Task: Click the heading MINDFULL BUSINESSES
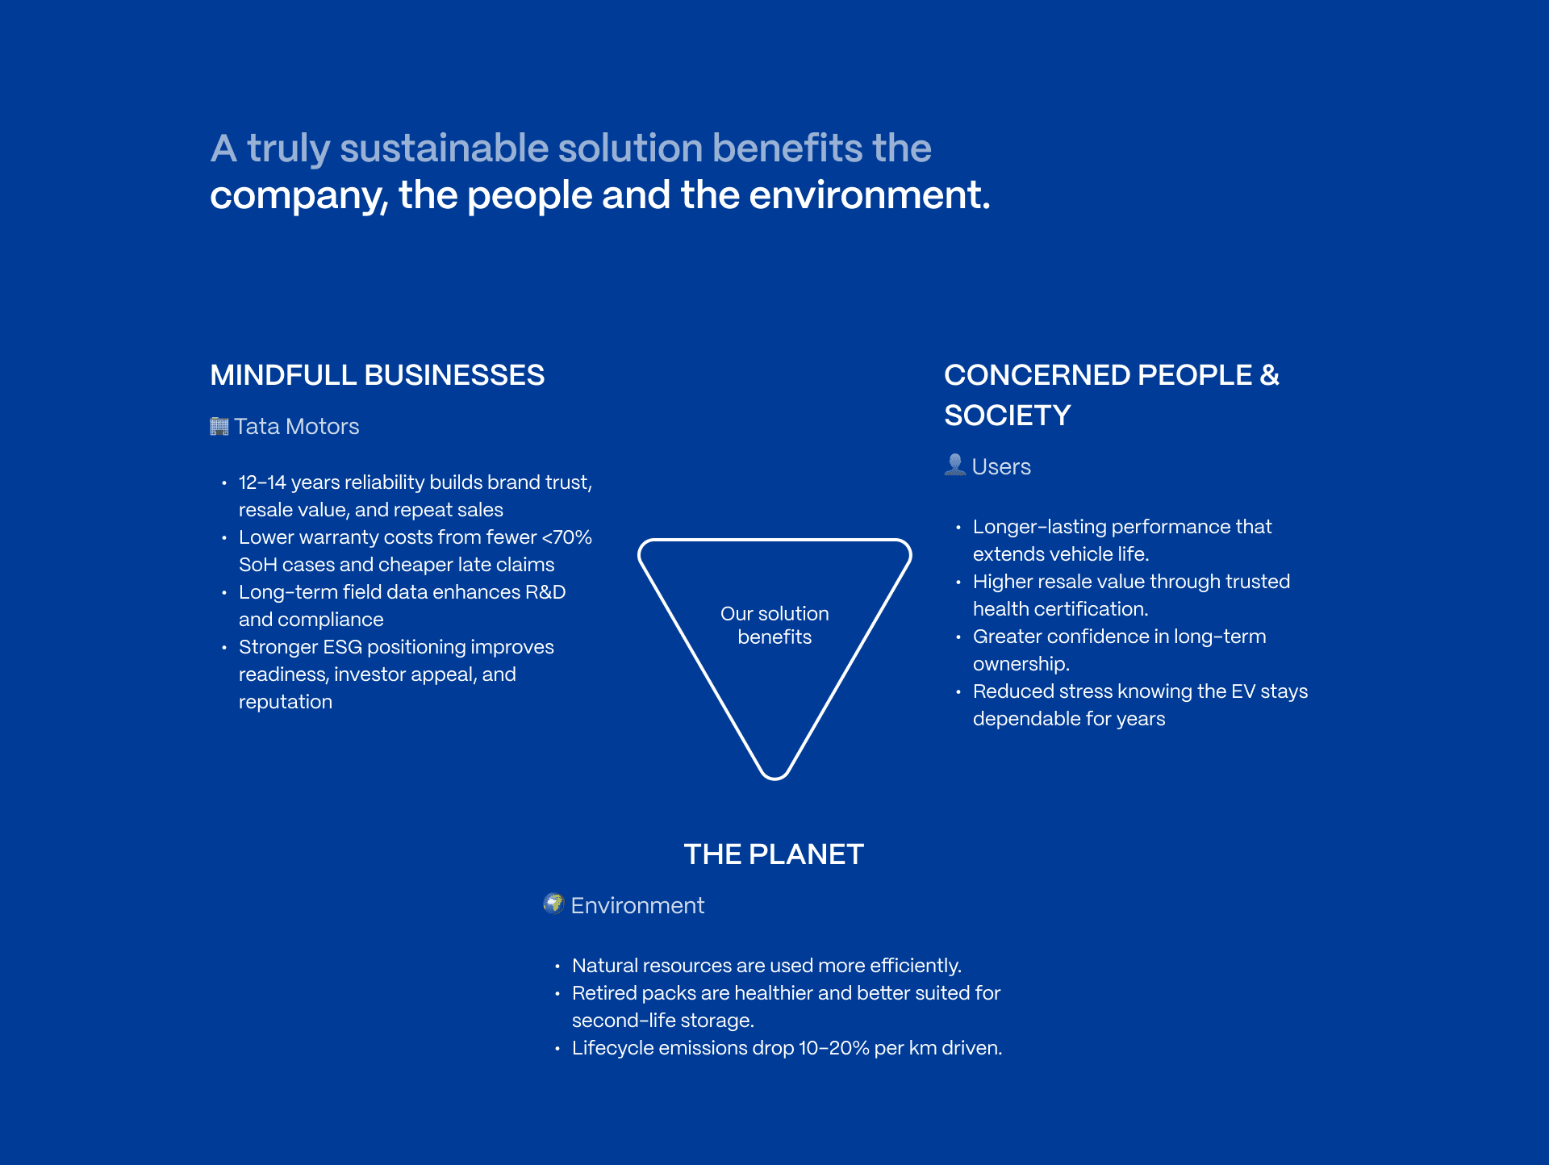[377, 375]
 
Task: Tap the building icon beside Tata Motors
[219, 426]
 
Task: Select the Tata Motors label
[296, 426]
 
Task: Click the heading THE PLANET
[774, 854]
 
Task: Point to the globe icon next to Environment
[553, 904]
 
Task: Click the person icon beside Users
[954, 465]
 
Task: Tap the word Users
[1001, 466]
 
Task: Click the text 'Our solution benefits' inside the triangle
[774, 625]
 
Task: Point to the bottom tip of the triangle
[774, 776]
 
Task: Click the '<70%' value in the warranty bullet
[567, 537]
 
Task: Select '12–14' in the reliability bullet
[262, 482]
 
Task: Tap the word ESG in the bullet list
[342, 647]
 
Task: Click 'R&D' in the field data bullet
[545, 592]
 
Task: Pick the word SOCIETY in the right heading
[1007, 415]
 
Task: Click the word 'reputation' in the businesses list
[286, 702]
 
